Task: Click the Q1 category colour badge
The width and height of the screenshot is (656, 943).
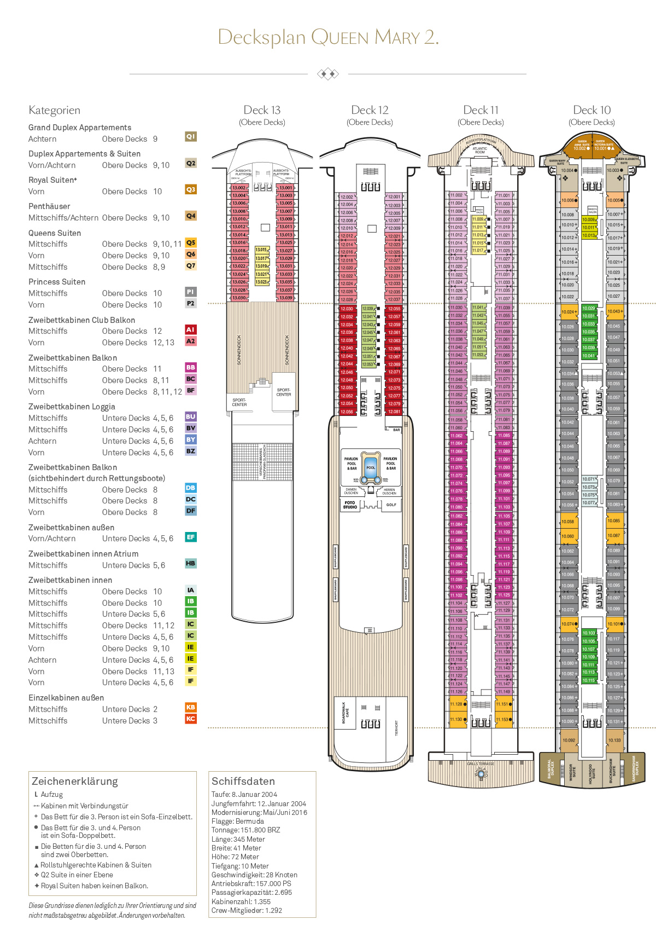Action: pyautogui.click(x=191, y=136)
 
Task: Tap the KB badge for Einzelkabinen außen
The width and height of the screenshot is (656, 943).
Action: pyautogui.click(x=191, y=707)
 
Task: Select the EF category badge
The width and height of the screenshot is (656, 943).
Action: pyautogui.click(x=191, y=537)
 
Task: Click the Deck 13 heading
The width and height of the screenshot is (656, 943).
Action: pyautogui.click(x=262, y=110)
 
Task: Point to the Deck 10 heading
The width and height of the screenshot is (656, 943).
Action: pyautogui.click(x=591, y=110)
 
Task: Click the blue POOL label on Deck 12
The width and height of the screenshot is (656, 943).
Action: pyautogui.click(x=371, y=467)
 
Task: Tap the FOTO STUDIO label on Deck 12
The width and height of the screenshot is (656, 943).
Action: pyautogui.click(x=350, y=505)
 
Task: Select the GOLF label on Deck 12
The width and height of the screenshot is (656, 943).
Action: pyautogui.click(x=391, y=505)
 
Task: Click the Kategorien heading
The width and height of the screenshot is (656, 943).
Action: pyautogui.click(x=54, y=110)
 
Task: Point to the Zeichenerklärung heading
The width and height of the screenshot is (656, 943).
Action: pyautogui.click(x=75, y=781)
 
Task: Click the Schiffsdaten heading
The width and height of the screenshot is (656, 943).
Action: pyautogui.click(x=243, y=781)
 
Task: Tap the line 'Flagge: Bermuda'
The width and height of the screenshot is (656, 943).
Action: pyautogui.click(x=237, y=821)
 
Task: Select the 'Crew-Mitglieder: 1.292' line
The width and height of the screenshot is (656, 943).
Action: pyautogui.click(x=247, y=910)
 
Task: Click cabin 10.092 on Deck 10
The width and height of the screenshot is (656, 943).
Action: pyautogui.click(x=569, y=740)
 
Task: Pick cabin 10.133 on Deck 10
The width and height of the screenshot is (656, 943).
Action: pyautogui.click(x=614, y=740)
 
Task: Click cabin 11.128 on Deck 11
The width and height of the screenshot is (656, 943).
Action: pyautogui.click(x=456, y=704)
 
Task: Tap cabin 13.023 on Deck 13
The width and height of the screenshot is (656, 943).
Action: pyautogui.click(x=261, y=282)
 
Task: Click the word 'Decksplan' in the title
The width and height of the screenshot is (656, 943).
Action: pyautogui.click(x=261, y=37)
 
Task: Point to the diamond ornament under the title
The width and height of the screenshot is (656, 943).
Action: pyautogui.click(x=328, y=74)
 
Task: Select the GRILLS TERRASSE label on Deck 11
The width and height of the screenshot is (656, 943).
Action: pyautogui.click(x=481, y=763)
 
